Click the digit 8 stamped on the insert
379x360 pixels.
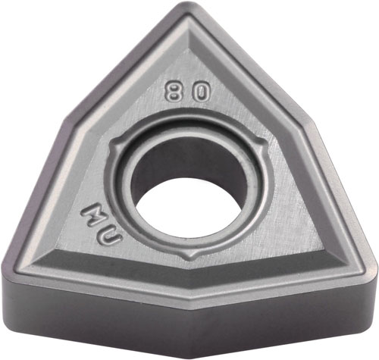tap(174, 91)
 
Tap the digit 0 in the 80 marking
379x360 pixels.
tap(201, 92)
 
